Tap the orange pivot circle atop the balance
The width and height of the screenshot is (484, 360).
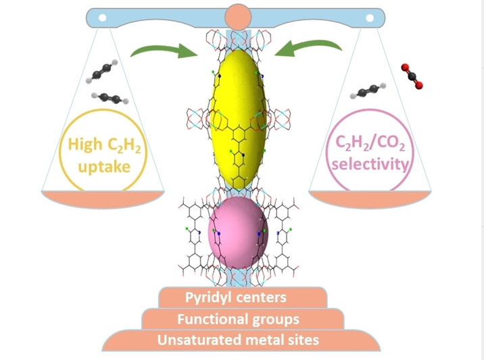point(238,16)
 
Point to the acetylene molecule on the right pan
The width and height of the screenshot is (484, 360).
point(371,91)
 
